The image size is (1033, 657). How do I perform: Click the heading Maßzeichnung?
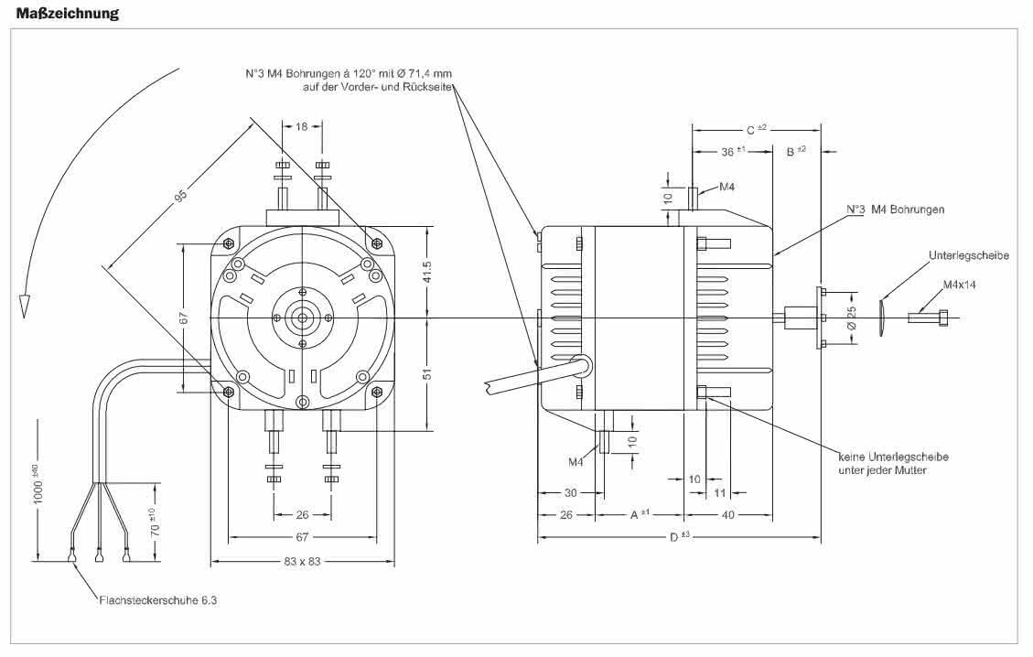(x=67, y=13)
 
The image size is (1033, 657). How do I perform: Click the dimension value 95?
(x=180, y=194)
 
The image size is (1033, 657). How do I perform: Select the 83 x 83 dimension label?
(x=302, y=562)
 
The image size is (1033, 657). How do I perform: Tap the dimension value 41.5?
(x=427, y=273)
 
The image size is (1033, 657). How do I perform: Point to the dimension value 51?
(x=427, y=373)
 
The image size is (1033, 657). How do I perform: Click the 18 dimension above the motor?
(x=301, y=126)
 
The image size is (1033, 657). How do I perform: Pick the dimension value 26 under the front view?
(x=302, y=514)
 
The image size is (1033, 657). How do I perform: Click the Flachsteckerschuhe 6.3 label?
(x=158, y=600)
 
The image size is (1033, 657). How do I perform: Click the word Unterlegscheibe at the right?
(x=968, y=255)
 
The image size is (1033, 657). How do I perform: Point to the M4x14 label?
(x=959, y=285)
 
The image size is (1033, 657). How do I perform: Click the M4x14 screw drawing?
(x=929, y=318)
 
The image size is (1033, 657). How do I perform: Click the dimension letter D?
(x=674, y=538)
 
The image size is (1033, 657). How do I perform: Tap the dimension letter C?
(x=749, y=131)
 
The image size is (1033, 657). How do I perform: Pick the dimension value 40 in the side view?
(x=728, y=514)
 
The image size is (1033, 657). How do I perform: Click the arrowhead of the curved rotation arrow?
(x=24, y=306)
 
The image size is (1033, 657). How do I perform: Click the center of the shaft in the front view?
(x=302, y=318)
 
